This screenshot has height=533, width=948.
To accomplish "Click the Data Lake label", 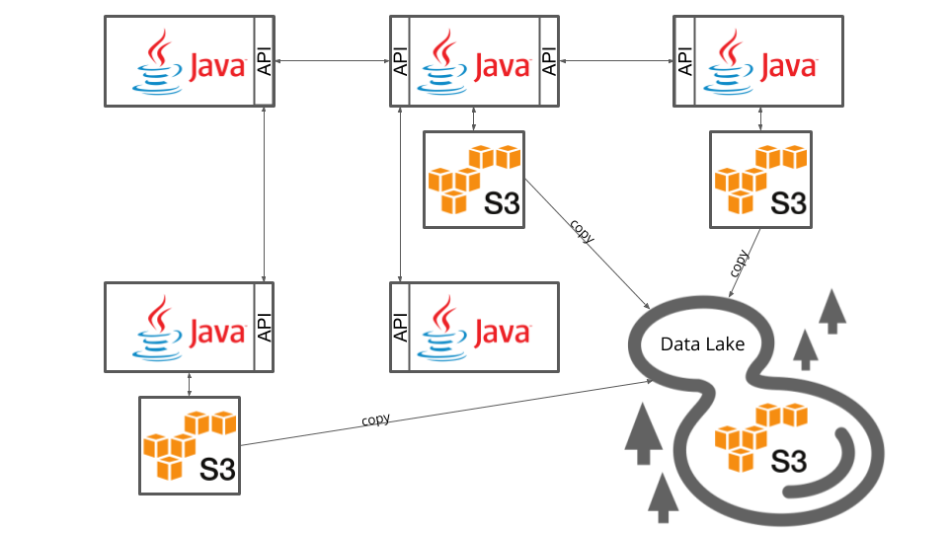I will click(x=702, y=343).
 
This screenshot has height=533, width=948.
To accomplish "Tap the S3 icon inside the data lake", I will click(x=761, y=437).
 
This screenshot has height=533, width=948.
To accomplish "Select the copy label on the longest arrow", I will click(x=375, y=419).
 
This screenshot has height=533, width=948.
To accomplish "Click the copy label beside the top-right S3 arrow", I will click(x=740, y=264).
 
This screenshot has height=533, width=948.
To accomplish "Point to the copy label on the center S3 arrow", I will click(x=582, y=230).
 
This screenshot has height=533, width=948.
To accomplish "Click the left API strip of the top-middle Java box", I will click(x=400, y=60).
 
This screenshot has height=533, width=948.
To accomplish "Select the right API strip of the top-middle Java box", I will click(x=549, y=60).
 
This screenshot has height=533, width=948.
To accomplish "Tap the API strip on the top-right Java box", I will click(x=683, y=60).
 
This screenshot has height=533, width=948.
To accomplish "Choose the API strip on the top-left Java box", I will click(x=264, y=60).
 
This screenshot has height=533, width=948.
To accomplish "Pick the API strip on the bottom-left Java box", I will click(x=264, y=328).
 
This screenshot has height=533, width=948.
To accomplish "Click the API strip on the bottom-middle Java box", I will click(x=400, y=328).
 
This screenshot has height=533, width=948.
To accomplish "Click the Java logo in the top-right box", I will click(x=760, y=60).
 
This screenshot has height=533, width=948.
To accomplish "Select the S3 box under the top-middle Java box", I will click(x=473, y=180).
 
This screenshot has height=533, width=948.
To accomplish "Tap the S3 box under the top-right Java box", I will click(x=760, y=180).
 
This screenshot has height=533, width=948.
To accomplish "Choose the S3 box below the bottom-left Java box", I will click(x=189, y=445).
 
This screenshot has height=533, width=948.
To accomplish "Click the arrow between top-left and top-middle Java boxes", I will click(x=331, y=61).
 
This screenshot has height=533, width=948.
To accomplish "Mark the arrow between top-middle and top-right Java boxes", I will click(x=616, y=61).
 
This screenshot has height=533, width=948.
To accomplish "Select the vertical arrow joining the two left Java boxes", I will click(x=264, y=193).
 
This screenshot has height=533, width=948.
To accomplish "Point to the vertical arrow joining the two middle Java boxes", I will click(x=400, y=193).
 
